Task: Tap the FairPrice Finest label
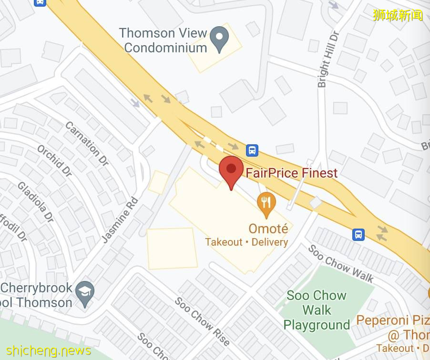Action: pos(292,173)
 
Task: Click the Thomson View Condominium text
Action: pos(163,40)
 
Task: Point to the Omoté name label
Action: pos(268,229)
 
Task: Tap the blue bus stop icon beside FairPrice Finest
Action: pos(252,150)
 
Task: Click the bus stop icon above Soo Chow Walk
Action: pos(358,234)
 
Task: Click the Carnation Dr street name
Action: pos(87,143)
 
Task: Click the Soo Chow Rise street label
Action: pos(202,321)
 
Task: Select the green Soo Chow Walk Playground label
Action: pos(317,310)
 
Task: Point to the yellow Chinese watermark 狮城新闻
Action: pos(398,15)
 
